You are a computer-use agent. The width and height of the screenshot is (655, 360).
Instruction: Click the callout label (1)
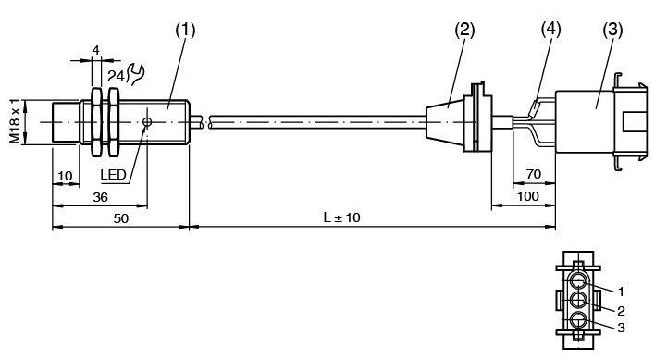pyautogui.click(x=185, y=30)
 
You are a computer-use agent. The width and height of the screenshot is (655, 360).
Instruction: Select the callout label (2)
pyautogui.click(x=464, y=30)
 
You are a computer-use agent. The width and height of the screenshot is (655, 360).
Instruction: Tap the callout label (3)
pyautogui.click(x=612, y=30)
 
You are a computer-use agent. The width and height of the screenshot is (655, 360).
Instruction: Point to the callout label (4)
pyautogui.click(x=550, y=30)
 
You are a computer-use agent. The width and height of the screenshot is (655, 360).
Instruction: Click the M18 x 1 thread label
pyautogui.click(x=15, y=121)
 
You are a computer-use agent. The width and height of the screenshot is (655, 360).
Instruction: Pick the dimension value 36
pyautogui.click(x=100, y=197)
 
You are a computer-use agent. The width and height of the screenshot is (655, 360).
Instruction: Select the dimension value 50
pyautogui.click(x=121, y=218)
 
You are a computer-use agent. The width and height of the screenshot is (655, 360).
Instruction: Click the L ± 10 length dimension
pyautogui.click(x=341, y=217)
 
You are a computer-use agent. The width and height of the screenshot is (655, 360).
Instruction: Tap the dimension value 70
pyautogui.click(x=534, y=174)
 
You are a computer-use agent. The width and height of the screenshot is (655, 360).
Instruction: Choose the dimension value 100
pyautogui.click(x=528, y=196)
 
